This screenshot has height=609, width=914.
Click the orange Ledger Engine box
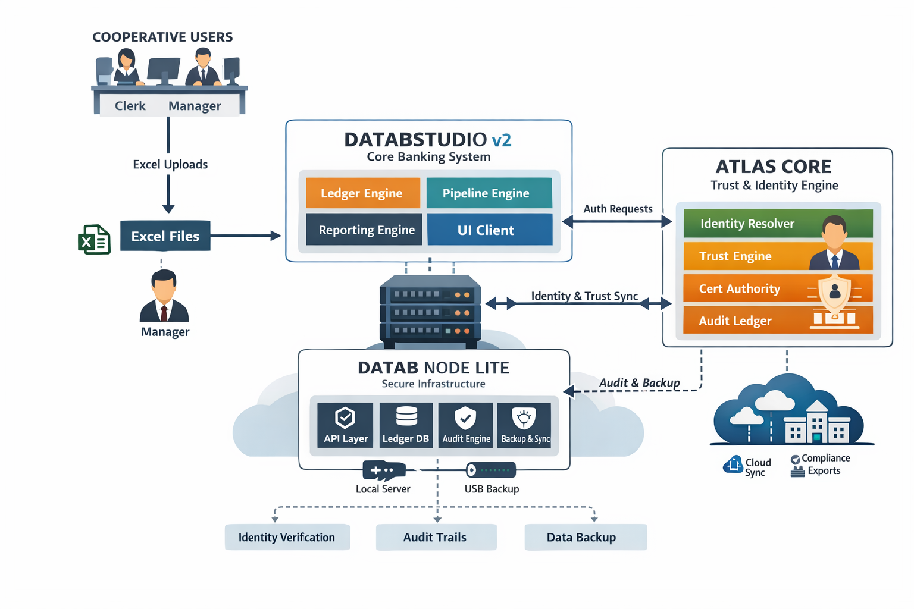coord(362,193)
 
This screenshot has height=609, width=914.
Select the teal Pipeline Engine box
coord(489,193)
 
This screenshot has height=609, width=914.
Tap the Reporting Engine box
coord(364,230)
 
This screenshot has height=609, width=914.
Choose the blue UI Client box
coord(489,230)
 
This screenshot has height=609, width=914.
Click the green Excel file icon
coord(94,240)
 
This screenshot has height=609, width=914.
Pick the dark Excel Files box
coord(165,236)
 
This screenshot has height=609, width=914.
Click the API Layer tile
coord(345,425)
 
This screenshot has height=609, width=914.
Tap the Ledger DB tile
coord(406,425)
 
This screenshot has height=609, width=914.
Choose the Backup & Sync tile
coord(524,425)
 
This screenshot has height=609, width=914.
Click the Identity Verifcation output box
coord(287,538)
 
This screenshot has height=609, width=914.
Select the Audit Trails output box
coord(436,538)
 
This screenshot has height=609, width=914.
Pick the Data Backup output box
coord(584,538)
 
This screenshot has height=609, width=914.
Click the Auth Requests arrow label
coord(618,209)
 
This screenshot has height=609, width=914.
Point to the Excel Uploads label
coord(170,165)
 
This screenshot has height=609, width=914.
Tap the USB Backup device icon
coord(491,470)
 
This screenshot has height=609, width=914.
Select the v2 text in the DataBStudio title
coord(501,140)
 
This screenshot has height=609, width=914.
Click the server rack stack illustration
coord(430,311)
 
